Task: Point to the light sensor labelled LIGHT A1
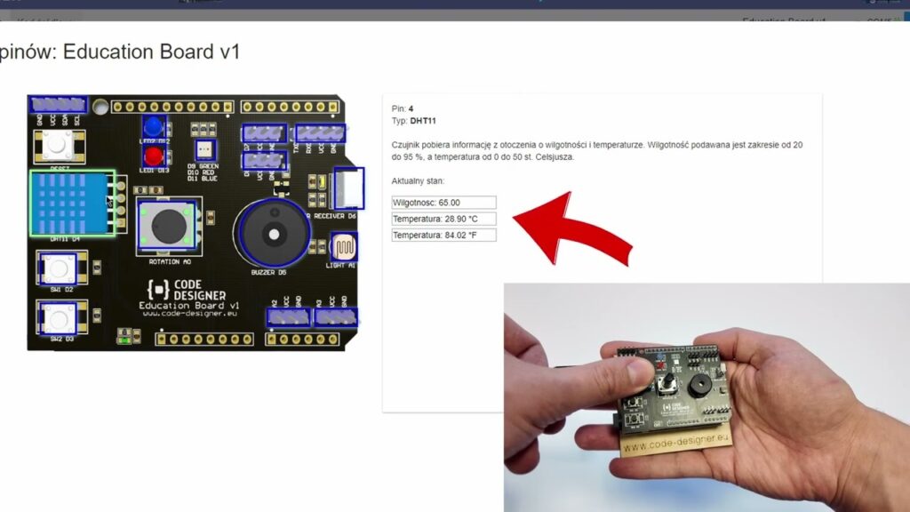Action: (x=343, y=246)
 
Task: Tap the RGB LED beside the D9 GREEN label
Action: (x=204, y=150)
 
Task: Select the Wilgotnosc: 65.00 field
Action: (x=443, y=203)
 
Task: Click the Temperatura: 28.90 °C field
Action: (x=443, y=219)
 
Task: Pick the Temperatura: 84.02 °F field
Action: (x=443, y=235)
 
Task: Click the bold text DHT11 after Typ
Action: (x=423, y=121)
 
